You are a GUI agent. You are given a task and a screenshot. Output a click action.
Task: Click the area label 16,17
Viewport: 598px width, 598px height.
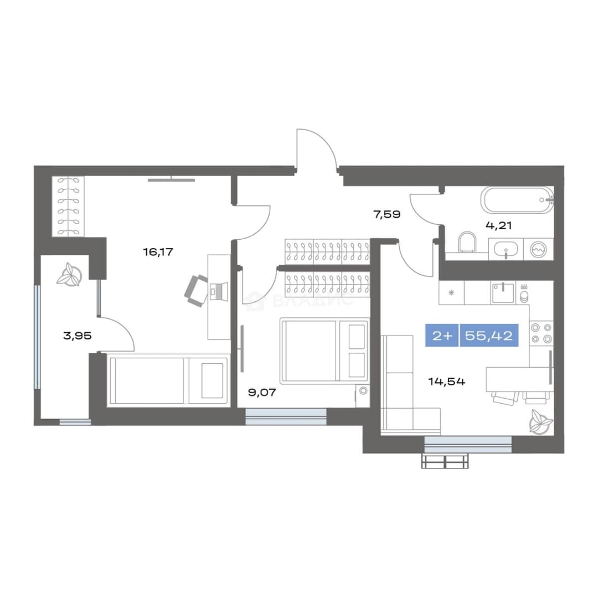click(x=158, y=252)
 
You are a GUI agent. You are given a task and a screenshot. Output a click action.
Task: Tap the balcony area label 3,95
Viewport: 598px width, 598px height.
click(x=78, y=336)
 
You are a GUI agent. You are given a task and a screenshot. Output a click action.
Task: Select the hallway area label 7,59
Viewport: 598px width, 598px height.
click(x=387, y=214)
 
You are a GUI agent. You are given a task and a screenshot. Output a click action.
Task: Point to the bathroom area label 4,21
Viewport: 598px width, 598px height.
click(x=498, y=225)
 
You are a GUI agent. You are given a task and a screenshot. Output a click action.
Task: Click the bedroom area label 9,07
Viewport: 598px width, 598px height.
click(x=262, y=393)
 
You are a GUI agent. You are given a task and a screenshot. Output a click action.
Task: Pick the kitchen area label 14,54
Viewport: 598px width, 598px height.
click(x=447, y=382)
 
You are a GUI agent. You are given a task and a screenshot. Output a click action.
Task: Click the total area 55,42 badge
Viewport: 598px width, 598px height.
click(x=489, y=336)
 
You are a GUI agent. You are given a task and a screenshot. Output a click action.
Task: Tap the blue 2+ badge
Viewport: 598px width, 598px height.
click(x=442, y=336)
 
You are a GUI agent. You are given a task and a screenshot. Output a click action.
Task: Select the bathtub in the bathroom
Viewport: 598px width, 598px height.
click(x=517, y=200)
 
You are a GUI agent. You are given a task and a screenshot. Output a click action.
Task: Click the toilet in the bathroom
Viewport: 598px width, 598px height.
click(x=467, y=243)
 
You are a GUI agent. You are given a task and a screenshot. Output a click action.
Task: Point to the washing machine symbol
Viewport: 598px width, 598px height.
click(x=538, y=249)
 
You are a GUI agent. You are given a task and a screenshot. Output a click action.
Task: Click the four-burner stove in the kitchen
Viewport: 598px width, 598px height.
click(x=542, y=333)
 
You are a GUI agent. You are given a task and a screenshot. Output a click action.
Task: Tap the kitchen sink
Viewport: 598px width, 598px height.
click(x=503, y=293)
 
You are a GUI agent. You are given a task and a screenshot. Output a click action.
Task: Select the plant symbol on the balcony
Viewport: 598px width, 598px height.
click(x=69, y=274)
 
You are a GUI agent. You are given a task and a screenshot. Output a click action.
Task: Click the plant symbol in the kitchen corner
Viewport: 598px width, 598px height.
click(x=540, y=421)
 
